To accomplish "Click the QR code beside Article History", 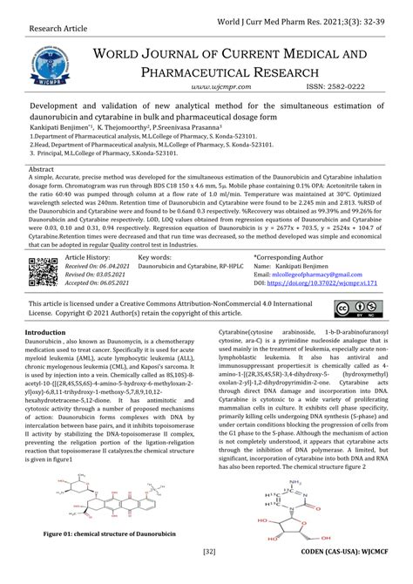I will pos(43,273).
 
